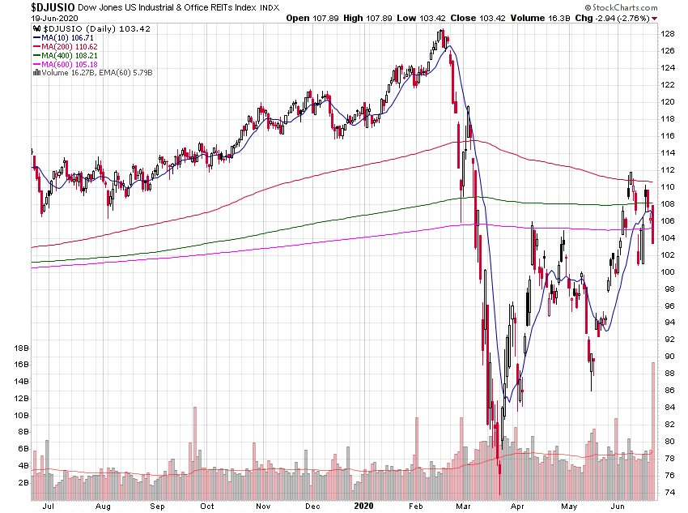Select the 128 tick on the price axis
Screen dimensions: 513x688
click(x=668, y=34)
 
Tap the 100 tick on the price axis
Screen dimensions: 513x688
click(x=668, y=271)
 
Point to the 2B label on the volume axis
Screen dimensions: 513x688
click(x=19, y=482)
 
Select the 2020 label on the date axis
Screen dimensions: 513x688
click(x=364, y=505)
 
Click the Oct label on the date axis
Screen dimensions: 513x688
click(x=207, y=505)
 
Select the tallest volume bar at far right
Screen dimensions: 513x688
click(x=652, y=430)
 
